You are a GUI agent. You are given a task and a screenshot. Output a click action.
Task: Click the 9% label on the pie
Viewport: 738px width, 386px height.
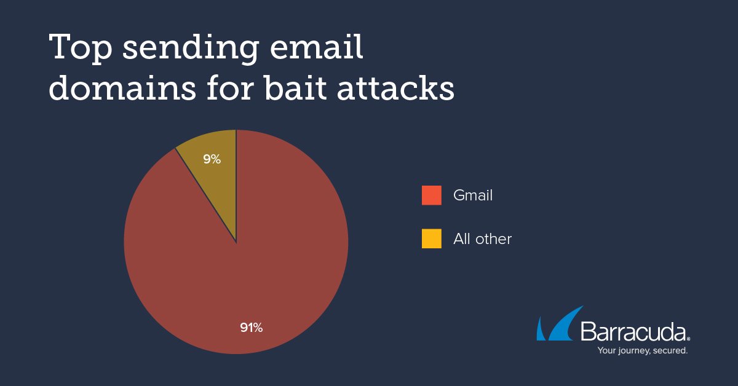212,159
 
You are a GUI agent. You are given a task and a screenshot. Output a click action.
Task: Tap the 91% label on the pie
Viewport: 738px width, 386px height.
251,328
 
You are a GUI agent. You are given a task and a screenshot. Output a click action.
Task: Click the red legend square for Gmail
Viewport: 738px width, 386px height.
431,195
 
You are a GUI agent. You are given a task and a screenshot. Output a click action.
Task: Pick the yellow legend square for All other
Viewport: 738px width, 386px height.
431,238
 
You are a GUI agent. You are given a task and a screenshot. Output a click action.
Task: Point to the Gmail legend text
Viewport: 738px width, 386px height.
472,195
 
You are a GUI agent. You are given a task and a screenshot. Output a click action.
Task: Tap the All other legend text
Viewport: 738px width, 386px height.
482,238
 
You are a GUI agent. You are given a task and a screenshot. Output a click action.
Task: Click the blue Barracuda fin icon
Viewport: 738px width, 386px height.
557,325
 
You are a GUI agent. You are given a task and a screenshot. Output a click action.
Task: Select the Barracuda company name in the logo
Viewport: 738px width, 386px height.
633,333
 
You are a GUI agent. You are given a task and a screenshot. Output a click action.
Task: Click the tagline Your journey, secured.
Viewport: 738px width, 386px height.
642,351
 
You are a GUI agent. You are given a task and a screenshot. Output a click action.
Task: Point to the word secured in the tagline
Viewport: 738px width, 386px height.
670,351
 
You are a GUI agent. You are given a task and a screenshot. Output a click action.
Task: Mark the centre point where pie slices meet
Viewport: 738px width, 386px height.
236,242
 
